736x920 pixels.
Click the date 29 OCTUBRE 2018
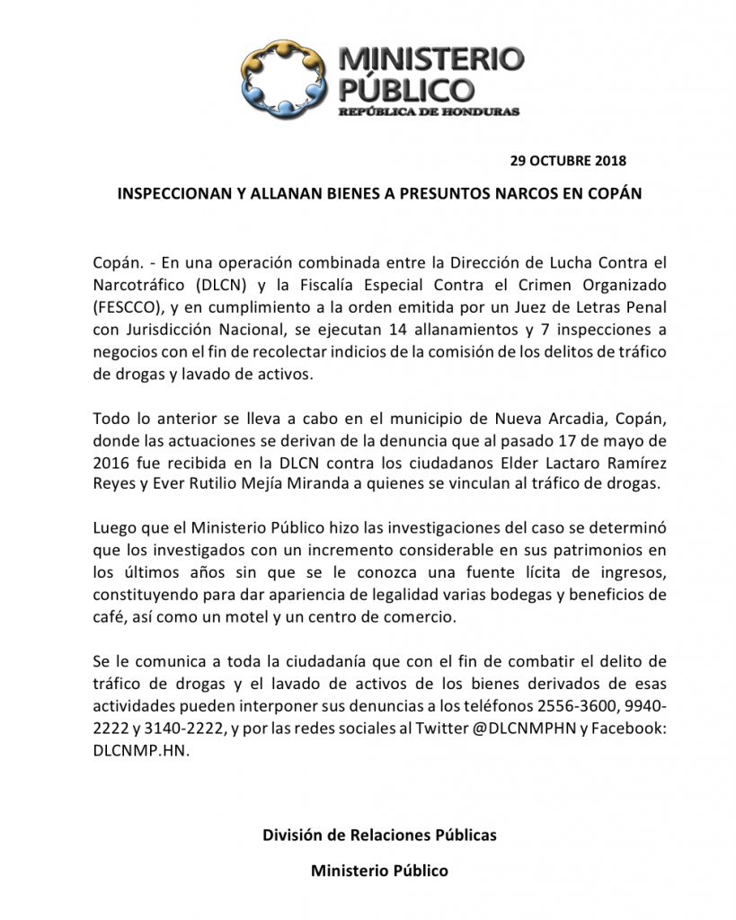coord(568,162)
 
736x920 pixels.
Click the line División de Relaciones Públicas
coord(378,835)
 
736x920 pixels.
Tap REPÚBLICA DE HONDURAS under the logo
coord(428,111)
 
